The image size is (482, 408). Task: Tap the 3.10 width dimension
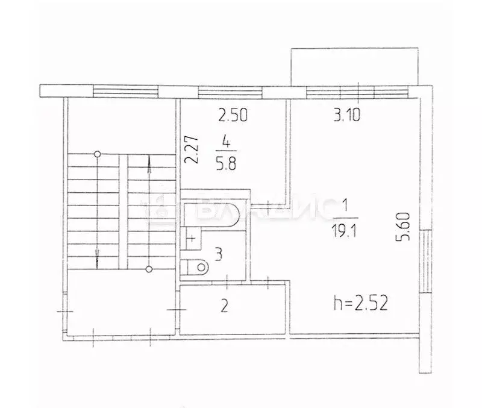(x=347, y=115)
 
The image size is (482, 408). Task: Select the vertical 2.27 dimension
(x=191, y=151)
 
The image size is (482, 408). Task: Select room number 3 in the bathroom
(x=219, y=255)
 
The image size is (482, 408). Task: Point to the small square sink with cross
(x=191, y=238)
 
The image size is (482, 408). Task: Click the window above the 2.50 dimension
(x=230, y=92)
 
